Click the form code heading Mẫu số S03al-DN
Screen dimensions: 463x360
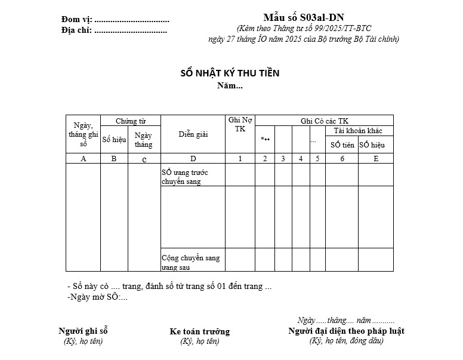(303, 17)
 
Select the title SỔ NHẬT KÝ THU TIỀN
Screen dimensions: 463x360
(230, 73)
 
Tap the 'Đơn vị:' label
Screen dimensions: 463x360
(76, 20)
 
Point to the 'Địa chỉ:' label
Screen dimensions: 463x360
(76, 30)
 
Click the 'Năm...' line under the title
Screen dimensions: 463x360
(230, 86)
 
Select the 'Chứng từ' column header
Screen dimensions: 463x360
(131, 121)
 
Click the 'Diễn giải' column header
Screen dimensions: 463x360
(193, 134)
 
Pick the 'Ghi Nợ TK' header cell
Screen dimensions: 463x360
(240, 125)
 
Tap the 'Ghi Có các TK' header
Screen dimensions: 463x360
(324, 121)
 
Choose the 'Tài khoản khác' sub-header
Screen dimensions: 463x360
(359, 131)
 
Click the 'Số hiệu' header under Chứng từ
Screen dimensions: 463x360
(114, 140)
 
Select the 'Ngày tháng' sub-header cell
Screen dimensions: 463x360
(144, 140)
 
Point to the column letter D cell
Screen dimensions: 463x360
(193, 159)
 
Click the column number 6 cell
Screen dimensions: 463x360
(342, 159)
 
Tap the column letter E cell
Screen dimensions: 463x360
(375, 159)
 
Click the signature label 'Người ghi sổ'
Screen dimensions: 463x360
(83, 331)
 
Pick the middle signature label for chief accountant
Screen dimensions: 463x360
(199, 331)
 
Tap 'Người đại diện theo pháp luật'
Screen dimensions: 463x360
(346, 331)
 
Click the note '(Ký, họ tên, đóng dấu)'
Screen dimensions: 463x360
(346, 341)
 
